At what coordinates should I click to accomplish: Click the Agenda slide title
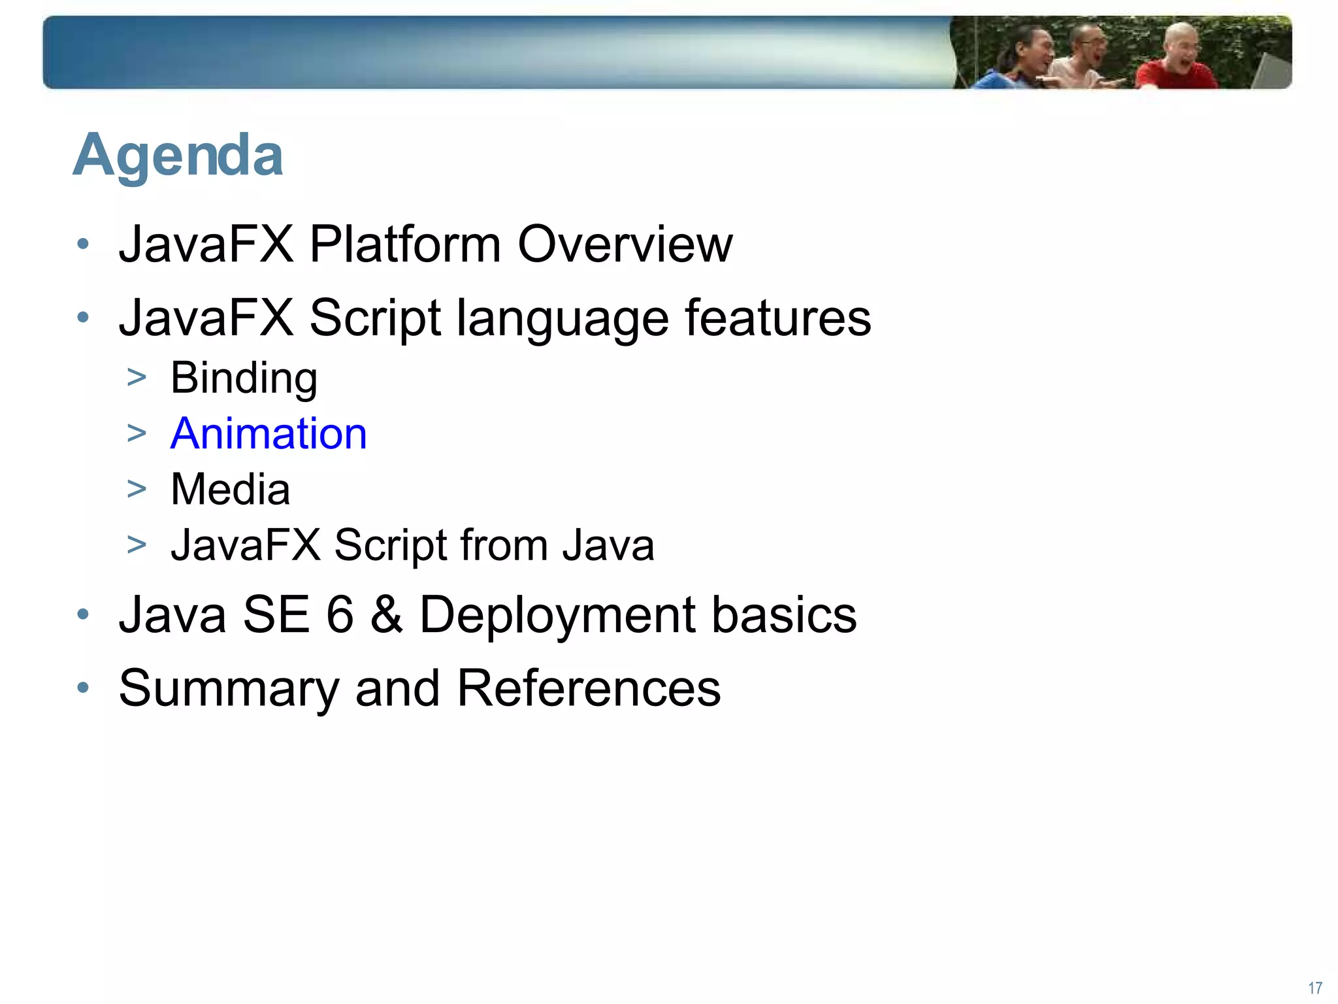click(178, 156)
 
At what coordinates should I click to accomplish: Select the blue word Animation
click(269, 434)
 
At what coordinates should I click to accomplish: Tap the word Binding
click(244, 378)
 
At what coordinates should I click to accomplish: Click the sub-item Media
click(230, 490)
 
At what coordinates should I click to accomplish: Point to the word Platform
click(404, 244)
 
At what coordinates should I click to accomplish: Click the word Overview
click(625, 244)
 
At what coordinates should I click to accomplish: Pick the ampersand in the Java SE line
click(386, 615)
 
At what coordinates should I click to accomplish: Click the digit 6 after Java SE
click(340, 615)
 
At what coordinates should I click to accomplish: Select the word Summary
click(229, 690)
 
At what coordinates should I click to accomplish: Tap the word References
click(588, 688)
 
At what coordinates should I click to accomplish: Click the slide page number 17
click(1315, 988)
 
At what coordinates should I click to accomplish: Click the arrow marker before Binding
click(137, 378)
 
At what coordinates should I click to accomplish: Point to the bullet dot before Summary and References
click(82, 688)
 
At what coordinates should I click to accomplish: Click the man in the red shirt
click(1176, 62)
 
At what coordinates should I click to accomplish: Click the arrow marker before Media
click(137, 489)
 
